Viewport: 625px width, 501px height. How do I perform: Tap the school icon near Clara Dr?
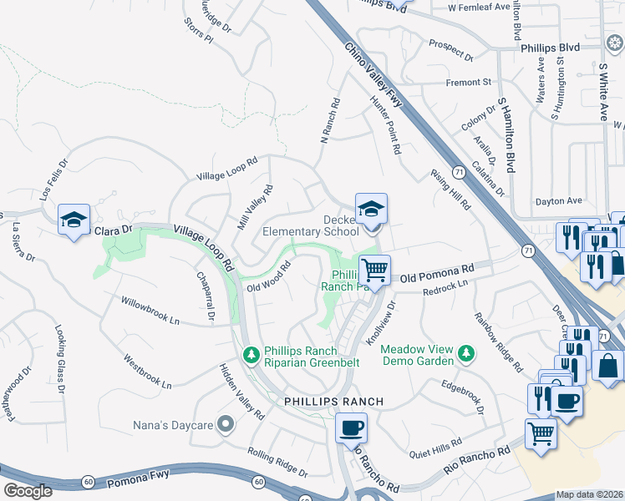(74, 220)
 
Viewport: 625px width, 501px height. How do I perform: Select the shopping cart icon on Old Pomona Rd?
(375, 270)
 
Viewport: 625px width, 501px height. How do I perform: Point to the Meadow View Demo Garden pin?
(466, 357)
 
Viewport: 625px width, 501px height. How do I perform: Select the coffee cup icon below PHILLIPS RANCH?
(351, 428)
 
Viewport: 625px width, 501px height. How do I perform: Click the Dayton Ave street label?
(558, 201)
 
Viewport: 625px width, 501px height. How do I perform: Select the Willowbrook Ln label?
(150, 309)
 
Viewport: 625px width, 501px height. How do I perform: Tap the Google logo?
(28, 491)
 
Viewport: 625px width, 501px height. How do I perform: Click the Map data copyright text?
(589, 494)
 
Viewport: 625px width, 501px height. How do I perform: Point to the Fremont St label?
(469, 83)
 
